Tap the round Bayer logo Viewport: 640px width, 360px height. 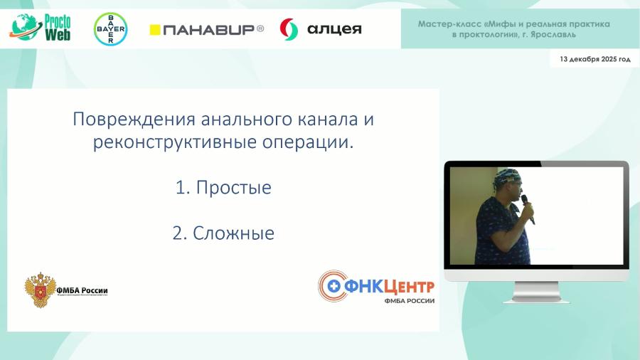pyautogui.click(x=110, y=29)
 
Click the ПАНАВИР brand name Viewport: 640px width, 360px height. pyautogui.click(x=213, y=29)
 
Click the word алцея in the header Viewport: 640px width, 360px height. pyautogui.click(x=334, y=29)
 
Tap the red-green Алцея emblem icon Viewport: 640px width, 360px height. pyautogui.click(x=289, y=29)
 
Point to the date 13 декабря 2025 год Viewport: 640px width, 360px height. pyautogui.click(x=594, y=59)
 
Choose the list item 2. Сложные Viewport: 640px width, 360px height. pyautogui.click(x=223, y=233)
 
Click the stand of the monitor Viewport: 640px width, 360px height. pyautogui.click(x=536, y=289)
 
